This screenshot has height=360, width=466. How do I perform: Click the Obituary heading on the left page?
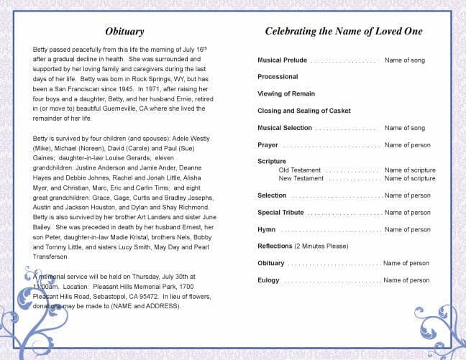[x=124, y=32]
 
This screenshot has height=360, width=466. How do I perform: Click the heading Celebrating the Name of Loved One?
[x=344, y=32]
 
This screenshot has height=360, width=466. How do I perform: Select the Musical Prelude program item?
[x=282, y=60]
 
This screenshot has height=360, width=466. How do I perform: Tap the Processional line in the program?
[x=278, y=77]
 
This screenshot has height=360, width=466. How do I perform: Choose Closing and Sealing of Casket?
[x=305, y=111]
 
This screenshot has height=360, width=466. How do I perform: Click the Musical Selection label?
[x=285, y=128]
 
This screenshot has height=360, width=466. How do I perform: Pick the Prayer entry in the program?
[x=268, y=145]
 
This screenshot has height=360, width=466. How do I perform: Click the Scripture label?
[x=272, y=162]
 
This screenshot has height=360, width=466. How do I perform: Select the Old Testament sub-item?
[x=300, y=170]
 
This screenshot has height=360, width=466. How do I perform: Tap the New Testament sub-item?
[x=301, y=178]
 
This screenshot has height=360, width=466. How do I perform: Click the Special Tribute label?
[x=280, y=213]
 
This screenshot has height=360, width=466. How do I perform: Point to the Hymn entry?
[x=266, y=230]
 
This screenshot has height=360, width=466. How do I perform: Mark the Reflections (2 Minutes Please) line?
[x=303, y=246]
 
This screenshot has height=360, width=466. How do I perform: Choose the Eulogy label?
[x=269, y=280]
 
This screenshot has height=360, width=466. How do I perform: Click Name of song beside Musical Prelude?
[x=405, y=60]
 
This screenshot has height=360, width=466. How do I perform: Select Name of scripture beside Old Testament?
[x=410, y=170]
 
